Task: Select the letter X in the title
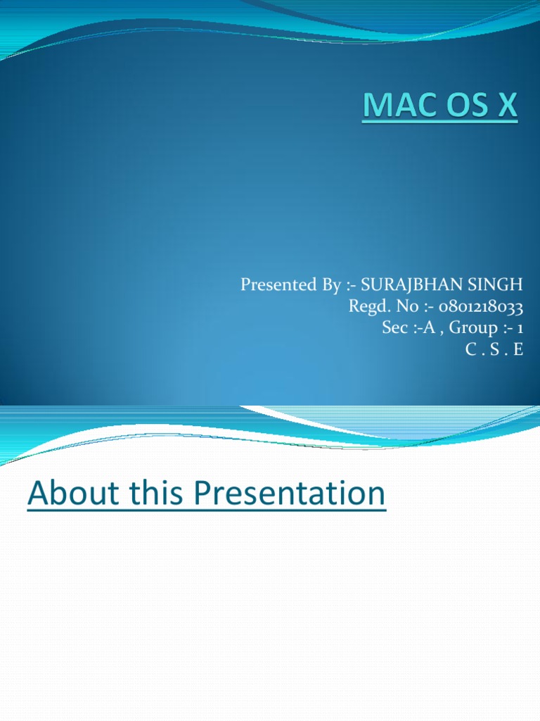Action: [x=506, y=108]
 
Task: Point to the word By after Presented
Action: [x=326, y=285]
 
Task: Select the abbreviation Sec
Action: [x=394, y=327]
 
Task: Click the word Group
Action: [x=471, y=327]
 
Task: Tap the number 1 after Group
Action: [x=520, y=327]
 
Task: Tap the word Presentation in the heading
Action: [x=290, y=494]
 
